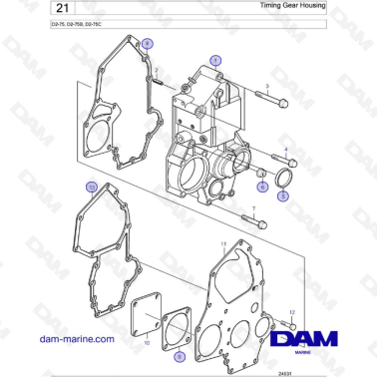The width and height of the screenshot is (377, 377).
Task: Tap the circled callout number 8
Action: click(147, 44)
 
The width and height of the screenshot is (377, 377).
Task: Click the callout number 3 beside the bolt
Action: click(267, 88)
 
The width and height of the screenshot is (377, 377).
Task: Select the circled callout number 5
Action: click(283, 196)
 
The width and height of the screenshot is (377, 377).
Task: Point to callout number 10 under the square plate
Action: click(147, 342)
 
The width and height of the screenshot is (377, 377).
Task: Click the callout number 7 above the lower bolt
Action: click(253, 209)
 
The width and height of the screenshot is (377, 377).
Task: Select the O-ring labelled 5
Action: click(283, 180)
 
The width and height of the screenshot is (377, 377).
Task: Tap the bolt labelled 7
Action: click(256, 224)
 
